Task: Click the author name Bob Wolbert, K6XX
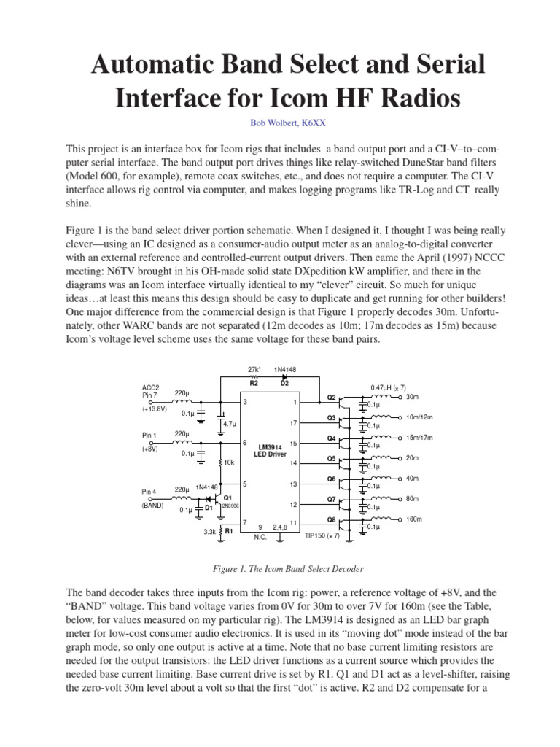pos(280,123)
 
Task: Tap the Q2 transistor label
pos(331,398)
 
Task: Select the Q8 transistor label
pos(331,520)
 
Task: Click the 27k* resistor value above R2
pos(254,370)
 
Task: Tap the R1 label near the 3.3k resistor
pos(228,531)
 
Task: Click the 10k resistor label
pos(229,462)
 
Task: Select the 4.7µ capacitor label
pos(230,424)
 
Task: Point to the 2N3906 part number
pos(231,505)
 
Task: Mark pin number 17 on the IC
pos(293,423)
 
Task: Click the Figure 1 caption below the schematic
pos(280,568)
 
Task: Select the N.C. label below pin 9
pos(260,537)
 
